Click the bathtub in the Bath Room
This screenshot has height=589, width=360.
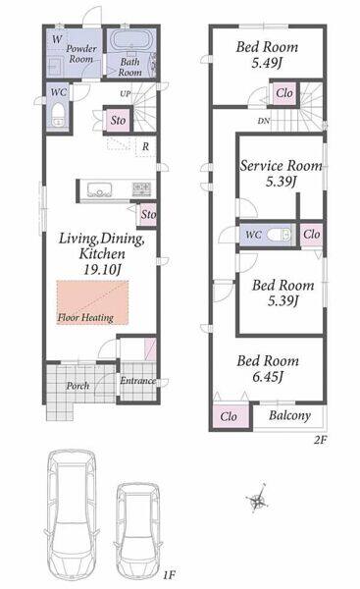[x=131, y=40]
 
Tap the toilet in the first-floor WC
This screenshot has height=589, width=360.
[x=58, y=115]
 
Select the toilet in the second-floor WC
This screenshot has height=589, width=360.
[x=279, y=235]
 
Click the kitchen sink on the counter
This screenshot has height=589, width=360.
[x=99, y=189]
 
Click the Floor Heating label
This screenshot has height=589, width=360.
[x=85, y=318]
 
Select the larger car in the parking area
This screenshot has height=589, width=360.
[x=72, y=515]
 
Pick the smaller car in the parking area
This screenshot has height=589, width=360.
[x=138, y=531]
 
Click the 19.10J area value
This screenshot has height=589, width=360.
[x=102, y=269]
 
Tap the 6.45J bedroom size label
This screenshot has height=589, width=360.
[x=267, y=377]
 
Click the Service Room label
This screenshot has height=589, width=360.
[x=281, y=166]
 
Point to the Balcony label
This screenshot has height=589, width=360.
[x=289, y=416]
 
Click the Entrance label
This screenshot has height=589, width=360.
[x=137, y=381]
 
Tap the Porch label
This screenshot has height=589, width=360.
[x=77, y=386]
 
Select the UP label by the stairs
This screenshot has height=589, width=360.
[x=126, y=93]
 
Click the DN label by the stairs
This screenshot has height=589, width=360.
[x=263, y=122]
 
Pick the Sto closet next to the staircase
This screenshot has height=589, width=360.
[x=118, y=120]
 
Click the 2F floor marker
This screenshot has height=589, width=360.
[x=319, y=440]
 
